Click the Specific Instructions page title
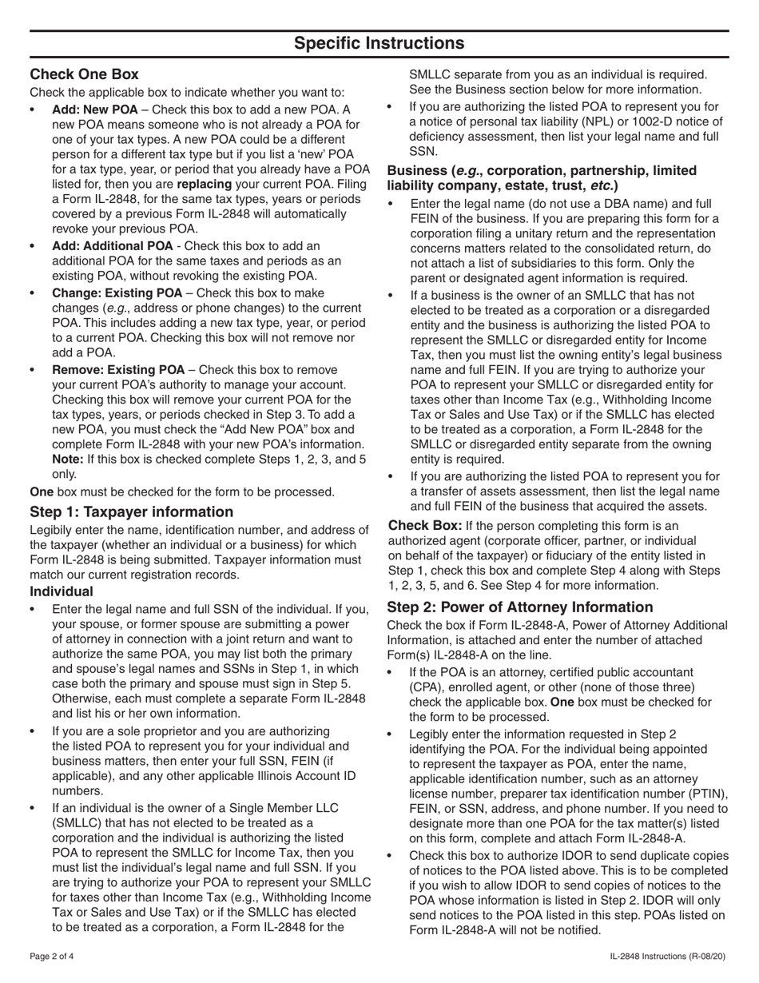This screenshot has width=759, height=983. [x=379, y=43]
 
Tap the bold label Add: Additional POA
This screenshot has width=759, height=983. [x=111, y=246]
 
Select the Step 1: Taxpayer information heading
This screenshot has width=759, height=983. [x=132, y=511]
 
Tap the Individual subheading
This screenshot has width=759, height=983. [x=62, y=591]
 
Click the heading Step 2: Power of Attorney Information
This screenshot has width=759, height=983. [x=519, y=607]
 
